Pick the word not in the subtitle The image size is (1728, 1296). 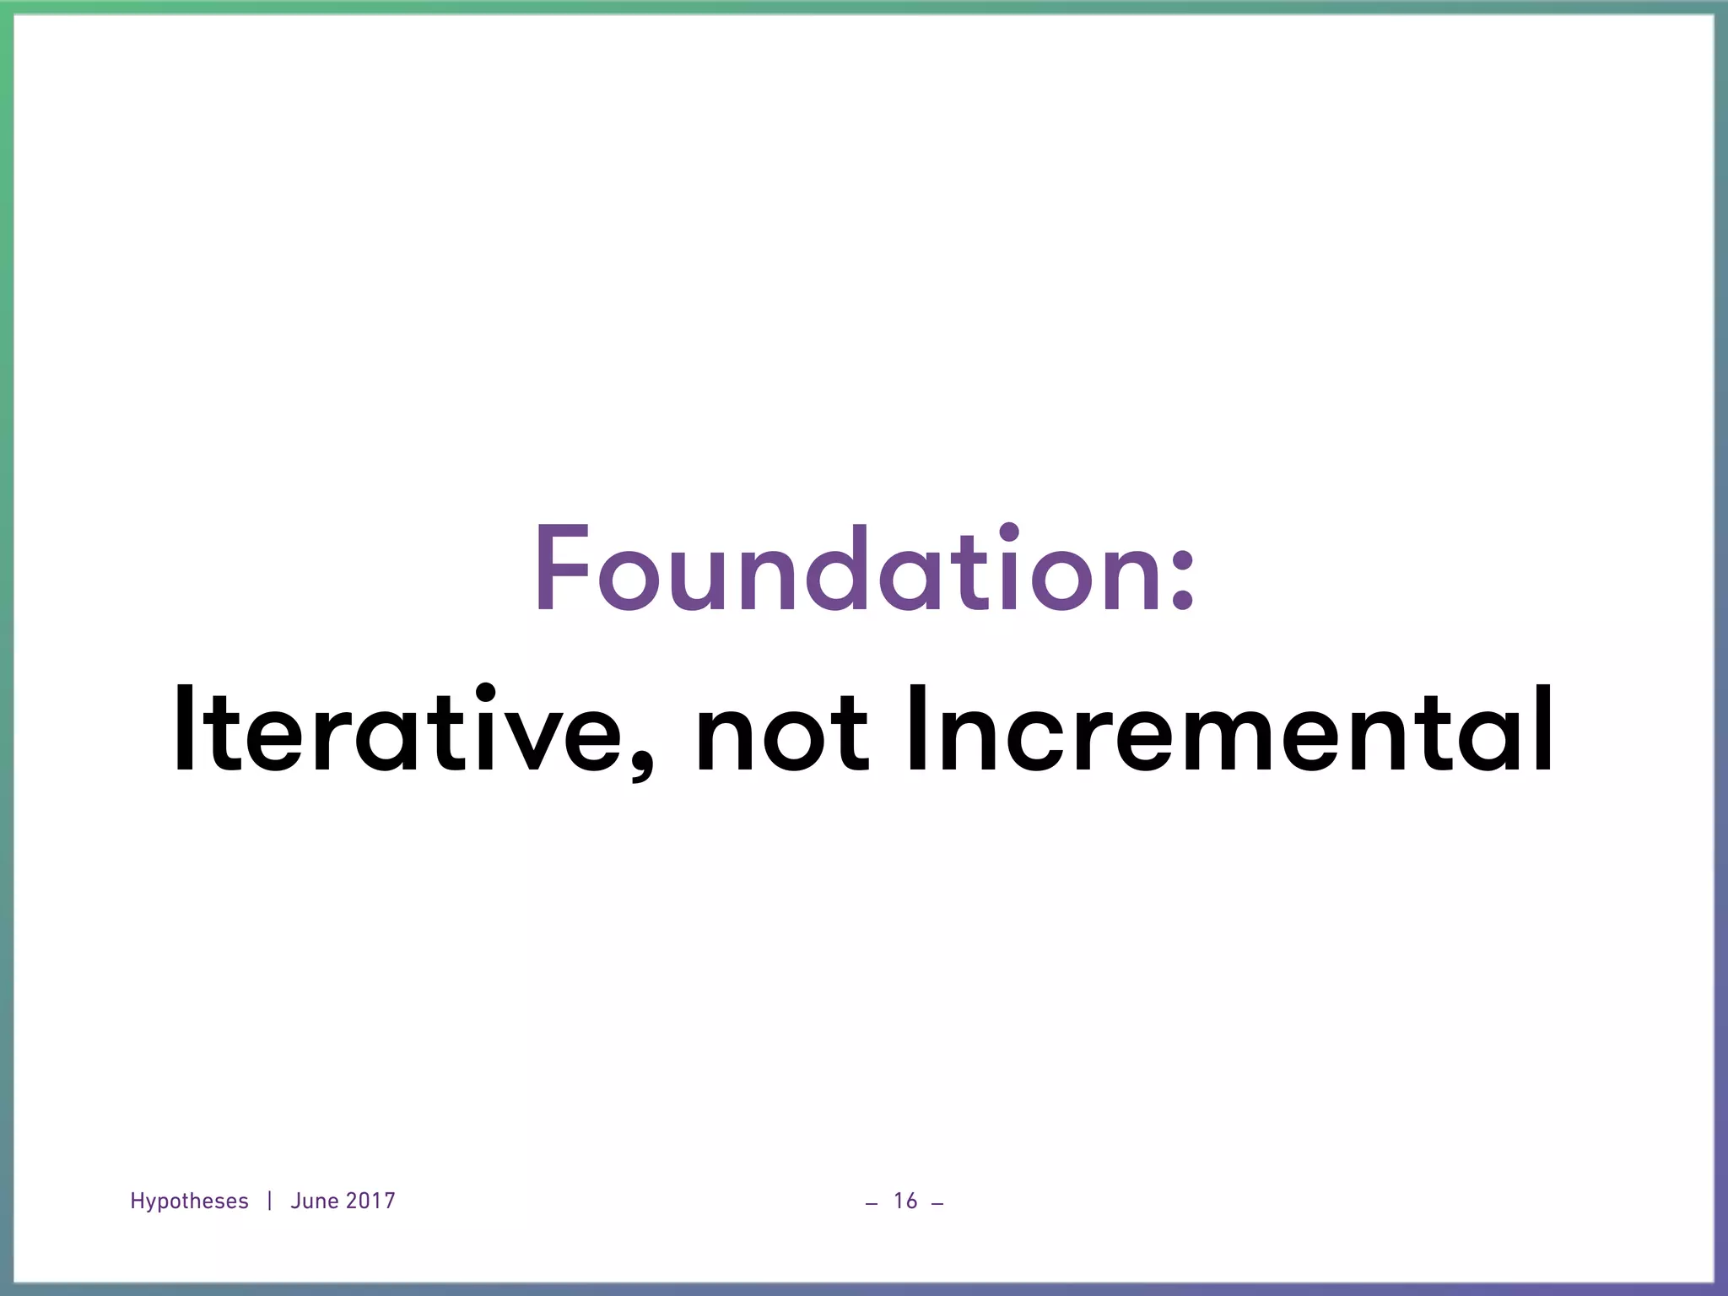780,731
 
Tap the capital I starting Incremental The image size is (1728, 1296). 915,727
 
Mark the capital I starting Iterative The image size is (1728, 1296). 183,727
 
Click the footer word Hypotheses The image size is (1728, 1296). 189,1201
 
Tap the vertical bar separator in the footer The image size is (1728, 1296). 269,1201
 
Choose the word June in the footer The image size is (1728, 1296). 314,1201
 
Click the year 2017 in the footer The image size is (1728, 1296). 370,1201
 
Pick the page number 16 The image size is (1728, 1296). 905,1201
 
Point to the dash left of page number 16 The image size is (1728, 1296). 872,1203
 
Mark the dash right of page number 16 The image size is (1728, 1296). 937,1203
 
